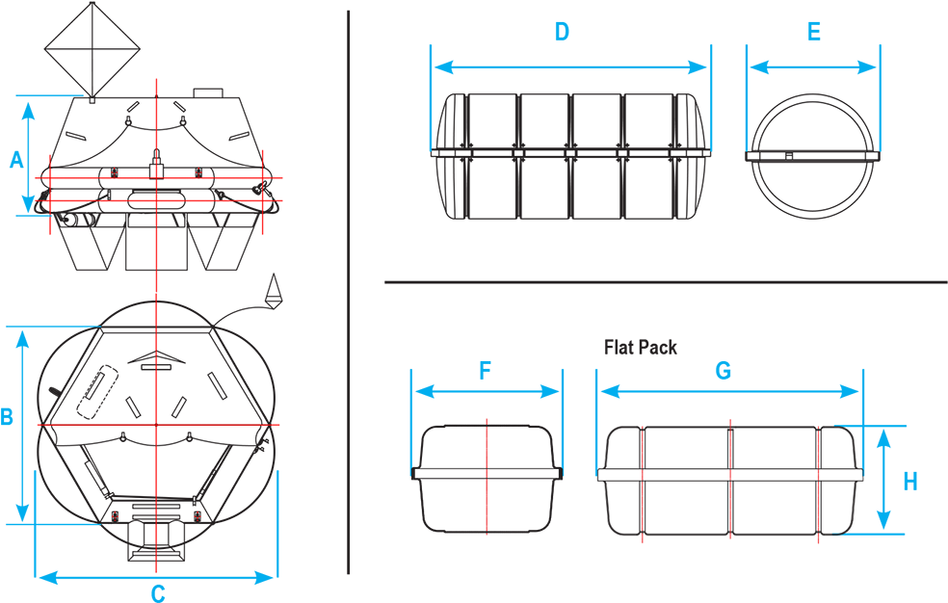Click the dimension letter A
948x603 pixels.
tap(17, 160)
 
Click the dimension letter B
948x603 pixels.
tap(7, 416)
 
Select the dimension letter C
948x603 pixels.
tap(158, 593)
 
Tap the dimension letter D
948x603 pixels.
tap(562, 32)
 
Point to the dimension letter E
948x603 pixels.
tap(814, 32)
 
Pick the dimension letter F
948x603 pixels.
tap(485, 371)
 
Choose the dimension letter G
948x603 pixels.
tap(724, 371)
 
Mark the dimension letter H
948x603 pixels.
tap(910, 482)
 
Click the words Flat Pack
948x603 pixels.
tap(641, 348)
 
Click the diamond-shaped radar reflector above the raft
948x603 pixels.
tap(92, 49)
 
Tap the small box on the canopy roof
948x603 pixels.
tap(208, 93)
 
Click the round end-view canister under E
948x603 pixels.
tap(813, 156)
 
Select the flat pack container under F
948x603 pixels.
tap(487, 479)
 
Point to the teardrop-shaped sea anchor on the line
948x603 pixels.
tap(275, 290)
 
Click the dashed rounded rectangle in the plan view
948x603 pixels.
tap(96, 391)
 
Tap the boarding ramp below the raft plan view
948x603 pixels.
tap(155, 539)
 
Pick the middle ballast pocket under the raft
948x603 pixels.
tap(156, 241)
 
